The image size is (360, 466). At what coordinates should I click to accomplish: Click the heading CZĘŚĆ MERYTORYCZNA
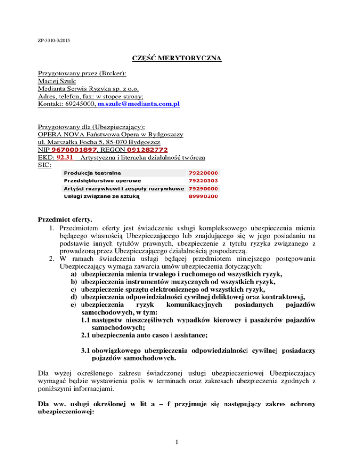click(x=180, y=59)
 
